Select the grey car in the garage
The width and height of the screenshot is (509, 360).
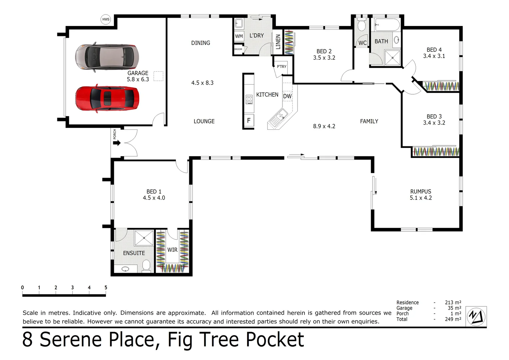pyautogui.click(x=106, y=57)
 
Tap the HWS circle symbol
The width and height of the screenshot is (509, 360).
pyautogui.click(x=106, y=19)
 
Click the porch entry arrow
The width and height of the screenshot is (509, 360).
pyautogui.click(x=117, y=143)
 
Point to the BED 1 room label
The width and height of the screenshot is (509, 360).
pyautogui.click(x=154, y=192)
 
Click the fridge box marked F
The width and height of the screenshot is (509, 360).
pyautogui.click(x=249, y=121)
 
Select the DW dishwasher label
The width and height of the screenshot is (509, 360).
pyautogui.click(x=287, y=96)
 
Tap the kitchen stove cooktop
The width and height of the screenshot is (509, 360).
pyautogui.click(x=249, y=99)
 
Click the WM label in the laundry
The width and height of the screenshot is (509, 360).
pyautogui.click(x=239, y=36)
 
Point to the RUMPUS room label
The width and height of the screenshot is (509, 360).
pyautogui.click(x=420, y=192)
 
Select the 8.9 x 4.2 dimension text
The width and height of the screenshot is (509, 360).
pyautogui.click(x=324, y=126)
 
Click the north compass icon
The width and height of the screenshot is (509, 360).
pyautogui.click(x=476, y=316)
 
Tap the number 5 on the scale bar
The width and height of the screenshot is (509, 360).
pyautogui.click(x=106, y=288)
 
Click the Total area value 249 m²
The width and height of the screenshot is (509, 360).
pyautogui.click(x=453, y=319)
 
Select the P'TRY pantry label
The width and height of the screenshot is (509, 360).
pyautogui.click(x=281, y=67)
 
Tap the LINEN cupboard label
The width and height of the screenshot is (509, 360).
pyautogui.click(x=278, y=42)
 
